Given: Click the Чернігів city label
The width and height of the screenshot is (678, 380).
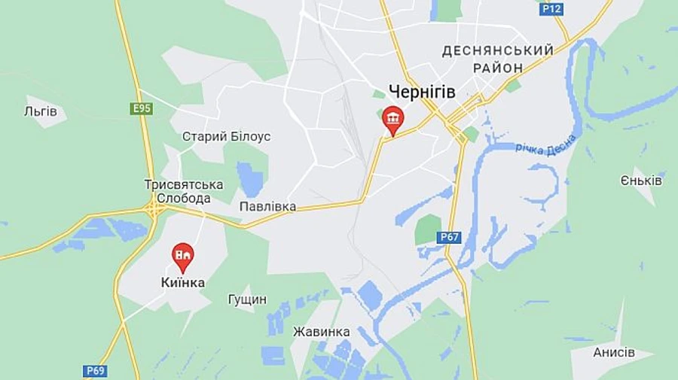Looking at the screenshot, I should tap(422, 92).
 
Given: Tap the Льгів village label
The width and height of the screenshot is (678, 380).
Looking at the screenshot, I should tap(41, 111).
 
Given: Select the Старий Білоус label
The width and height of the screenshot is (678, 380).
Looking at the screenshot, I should tap(226, 137).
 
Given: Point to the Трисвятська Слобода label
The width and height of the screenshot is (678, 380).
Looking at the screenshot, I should tap(183, 191).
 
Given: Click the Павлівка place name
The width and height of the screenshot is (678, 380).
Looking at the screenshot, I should tap(267, 206).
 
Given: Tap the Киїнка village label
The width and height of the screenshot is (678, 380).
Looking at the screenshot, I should tap(182, 283).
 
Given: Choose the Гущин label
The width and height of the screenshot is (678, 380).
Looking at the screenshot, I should tap(247, 299).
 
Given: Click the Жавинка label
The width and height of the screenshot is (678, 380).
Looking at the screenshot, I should tap(321, 332).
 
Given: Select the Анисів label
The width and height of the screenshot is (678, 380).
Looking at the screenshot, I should tap(613, 352).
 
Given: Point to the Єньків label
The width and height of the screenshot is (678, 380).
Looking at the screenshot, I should tap(641, 181).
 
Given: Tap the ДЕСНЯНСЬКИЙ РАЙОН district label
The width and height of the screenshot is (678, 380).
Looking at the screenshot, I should tap(497, 59).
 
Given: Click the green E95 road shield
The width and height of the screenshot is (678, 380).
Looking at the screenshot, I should tap(142, 109).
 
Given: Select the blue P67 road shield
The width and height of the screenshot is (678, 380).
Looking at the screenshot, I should tap(449, 238).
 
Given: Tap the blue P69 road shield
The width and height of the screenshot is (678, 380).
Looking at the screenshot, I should tap(96, 370).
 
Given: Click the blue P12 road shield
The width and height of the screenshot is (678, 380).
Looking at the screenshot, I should tap(551, 8).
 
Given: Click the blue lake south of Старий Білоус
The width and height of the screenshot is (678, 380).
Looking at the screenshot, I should tap(249, 179).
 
